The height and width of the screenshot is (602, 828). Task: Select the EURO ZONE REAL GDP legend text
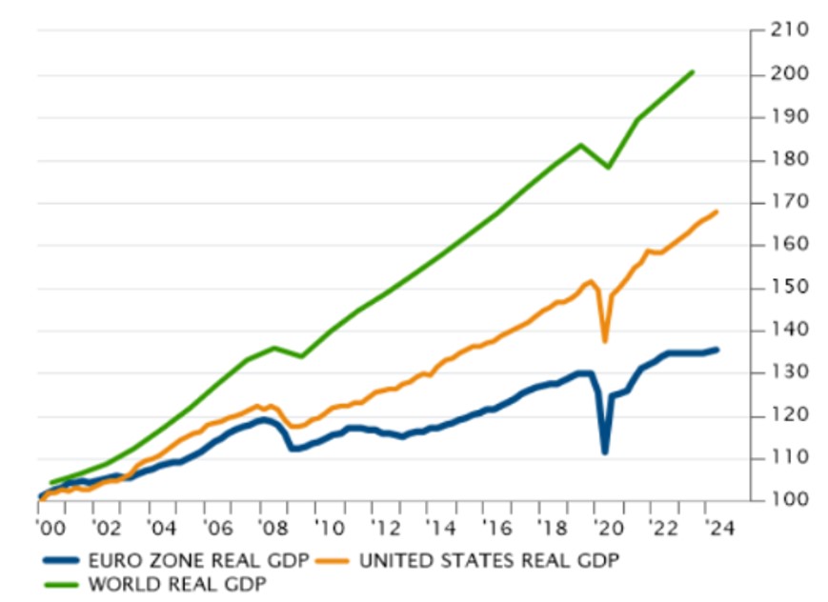click(191, 560)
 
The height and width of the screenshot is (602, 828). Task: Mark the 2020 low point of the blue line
click(604, 451)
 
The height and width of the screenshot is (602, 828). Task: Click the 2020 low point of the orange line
click(604, 341)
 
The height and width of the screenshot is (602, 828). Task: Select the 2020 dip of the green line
click(608, 168)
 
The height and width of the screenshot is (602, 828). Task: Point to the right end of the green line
click(692, 71)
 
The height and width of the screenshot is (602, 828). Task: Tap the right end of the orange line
click(717, 211)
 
